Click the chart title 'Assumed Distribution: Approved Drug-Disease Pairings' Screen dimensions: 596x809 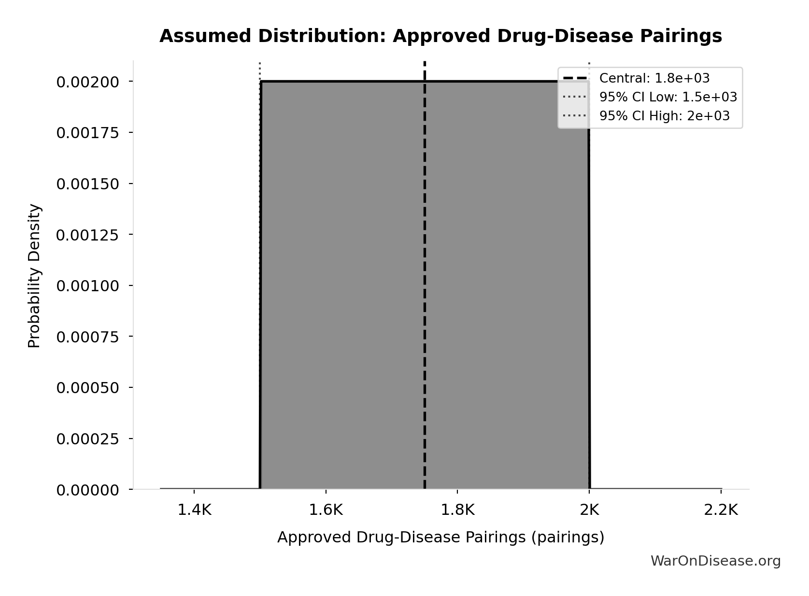(x=440, y=36)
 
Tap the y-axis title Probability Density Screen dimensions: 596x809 (x=34, y=276)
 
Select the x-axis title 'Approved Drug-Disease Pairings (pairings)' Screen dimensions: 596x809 (x=440, y=538)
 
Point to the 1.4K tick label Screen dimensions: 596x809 (x=194, y=510)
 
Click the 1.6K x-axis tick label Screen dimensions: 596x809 (x=326, y=510)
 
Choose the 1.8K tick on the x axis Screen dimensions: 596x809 (x=458, y=510)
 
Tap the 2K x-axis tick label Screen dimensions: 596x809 (x=589, y=510)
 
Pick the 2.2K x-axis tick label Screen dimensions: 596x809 (x=721, y=510)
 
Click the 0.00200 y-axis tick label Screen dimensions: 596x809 (x=87, y=82)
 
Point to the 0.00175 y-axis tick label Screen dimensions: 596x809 (x=87, y=133)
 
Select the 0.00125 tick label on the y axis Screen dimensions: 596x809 (x=87, y=235)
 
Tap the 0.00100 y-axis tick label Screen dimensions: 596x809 (x=87, y=286)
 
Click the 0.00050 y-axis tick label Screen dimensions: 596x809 (x=87, y=388)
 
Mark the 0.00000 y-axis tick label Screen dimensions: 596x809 (x=87, y=490)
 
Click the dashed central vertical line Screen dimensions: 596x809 (x=425, y=290)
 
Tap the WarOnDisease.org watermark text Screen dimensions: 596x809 (x=715, y=561)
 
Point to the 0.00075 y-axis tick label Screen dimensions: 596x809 (x=87, y=337)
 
